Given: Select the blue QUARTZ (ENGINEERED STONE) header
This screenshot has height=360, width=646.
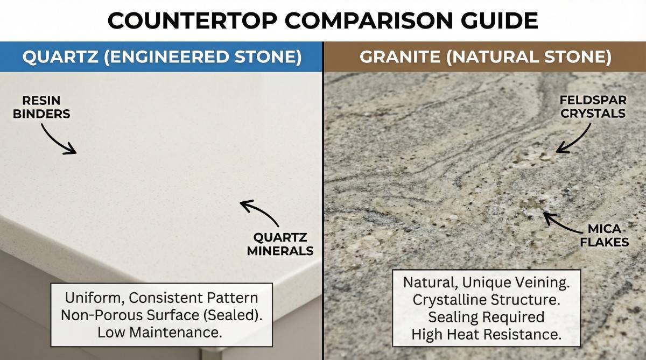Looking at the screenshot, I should coord(161,57).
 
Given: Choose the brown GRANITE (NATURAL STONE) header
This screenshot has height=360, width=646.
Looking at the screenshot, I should coord(485,57).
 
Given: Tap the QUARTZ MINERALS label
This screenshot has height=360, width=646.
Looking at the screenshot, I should coord(280,244).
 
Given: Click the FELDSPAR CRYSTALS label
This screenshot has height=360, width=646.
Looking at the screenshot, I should coord(593,107).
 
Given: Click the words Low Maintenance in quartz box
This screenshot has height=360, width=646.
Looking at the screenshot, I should coord(159,332).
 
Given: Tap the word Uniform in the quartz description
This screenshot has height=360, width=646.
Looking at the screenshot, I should coord(90,298).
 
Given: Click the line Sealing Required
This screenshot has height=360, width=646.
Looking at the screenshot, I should coord(486,317).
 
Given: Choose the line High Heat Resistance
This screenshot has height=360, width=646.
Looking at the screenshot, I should coord(486,334).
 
